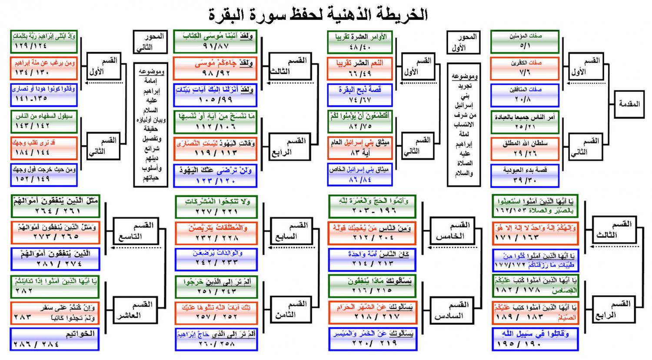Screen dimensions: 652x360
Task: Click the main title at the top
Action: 318,15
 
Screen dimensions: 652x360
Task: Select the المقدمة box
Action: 629,104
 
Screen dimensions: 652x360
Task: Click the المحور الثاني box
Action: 150,42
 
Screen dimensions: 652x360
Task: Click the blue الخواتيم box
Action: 55,339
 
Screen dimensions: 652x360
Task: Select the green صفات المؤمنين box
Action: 525,41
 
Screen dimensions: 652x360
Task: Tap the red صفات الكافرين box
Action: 525,68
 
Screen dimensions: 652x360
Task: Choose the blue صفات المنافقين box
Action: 525,95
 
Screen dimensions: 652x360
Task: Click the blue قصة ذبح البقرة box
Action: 360,95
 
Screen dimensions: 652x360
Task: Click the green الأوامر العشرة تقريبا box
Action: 360,42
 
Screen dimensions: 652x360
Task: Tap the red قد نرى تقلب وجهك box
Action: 43,148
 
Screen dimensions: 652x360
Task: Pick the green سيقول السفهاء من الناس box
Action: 43,121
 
